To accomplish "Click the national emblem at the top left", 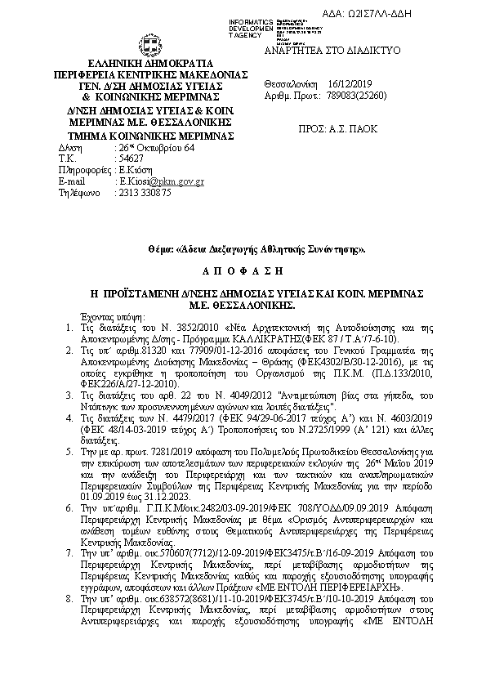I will pyautogui.click(x=150, y=44).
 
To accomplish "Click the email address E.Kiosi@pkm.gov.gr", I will pyautogui.click(x=162, y=181).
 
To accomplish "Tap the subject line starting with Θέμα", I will pyautogui.click(x=242, y=248).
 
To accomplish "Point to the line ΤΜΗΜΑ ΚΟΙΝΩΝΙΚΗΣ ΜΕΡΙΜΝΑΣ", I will pyautogui.click(x=150, y=135).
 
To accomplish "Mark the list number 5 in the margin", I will pyautogui.click(x=69, y=451).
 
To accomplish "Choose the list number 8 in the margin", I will pyautogui.click(x=69, y=600).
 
